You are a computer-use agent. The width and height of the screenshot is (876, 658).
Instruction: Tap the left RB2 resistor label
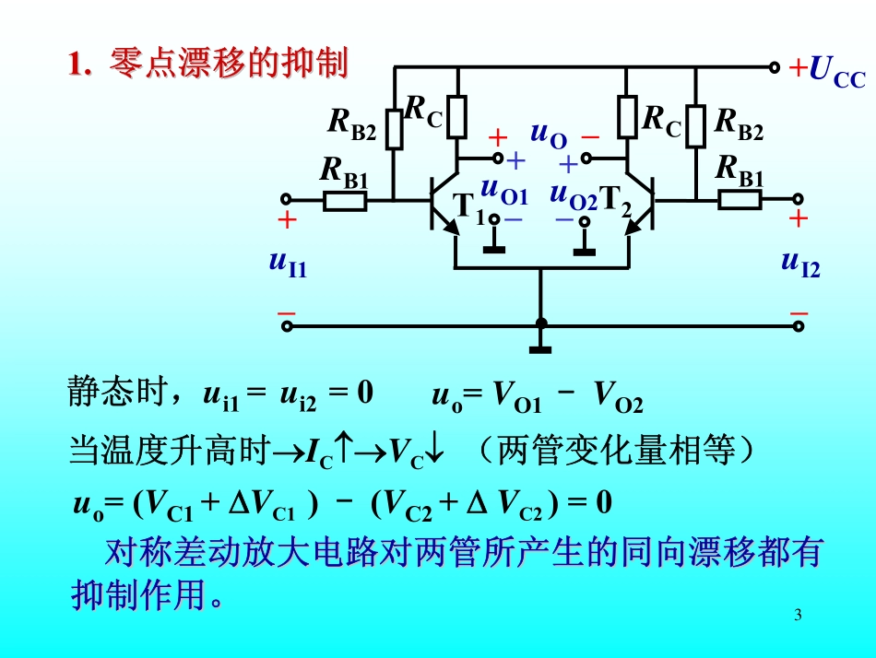352,123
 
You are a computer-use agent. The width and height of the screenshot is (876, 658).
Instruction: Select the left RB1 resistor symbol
346,200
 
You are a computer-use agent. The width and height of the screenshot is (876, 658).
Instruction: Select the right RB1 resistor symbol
741,199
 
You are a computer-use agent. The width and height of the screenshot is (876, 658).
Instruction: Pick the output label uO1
503,192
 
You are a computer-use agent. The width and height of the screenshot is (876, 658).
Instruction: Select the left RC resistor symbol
456,117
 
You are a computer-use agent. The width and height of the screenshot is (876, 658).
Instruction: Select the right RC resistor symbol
627,117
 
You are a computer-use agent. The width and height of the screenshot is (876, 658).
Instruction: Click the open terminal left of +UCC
775,67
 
